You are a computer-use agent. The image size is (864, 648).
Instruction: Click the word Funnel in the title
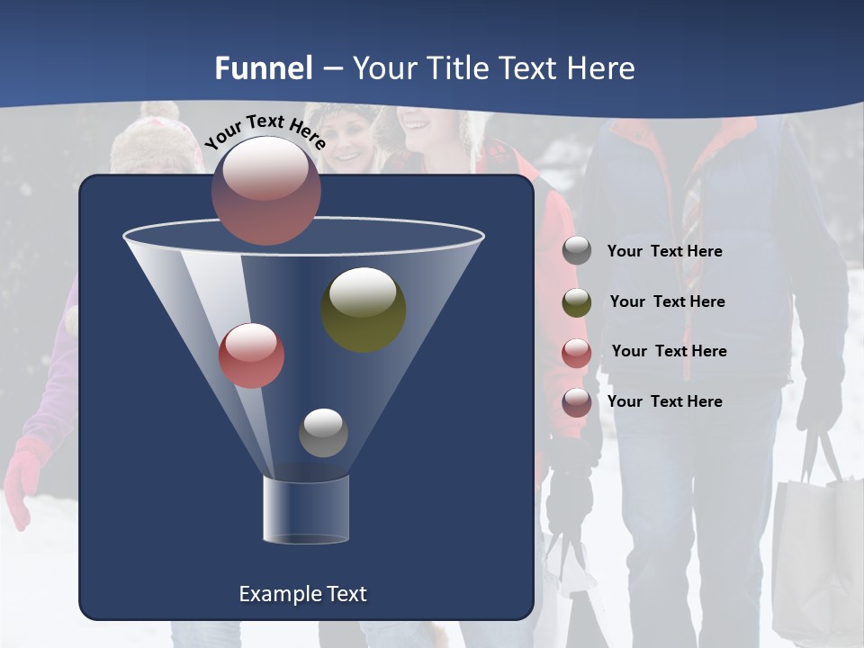264,68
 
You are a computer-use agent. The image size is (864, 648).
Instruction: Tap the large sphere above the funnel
265,190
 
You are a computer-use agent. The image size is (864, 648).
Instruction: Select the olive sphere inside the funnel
364,309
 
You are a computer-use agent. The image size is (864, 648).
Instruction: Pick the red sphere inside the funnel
251,355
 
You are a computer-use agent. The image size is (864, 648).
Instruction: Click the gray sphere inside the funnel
323,432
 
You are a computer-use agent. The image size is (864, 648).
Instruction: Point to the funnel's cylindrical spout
306,509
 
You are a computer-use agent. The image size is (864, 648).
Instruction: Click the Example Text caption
302,594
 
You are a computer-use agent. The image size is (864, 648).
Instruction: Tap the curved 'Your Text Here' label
265,130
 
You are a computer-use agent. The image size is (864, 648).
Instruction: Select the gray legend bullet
577,251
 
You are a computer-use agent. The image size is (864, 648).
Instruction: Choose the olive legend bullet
577,302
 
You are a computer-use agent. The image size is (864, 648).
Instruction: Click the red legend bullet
577,353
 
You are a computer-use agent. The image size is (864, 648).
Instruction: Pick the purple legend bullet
577,402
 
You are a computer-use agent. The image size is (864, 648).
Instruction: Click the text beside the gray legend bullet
664,252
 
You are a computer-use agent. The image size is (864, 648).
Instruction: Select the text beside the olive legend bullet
667,302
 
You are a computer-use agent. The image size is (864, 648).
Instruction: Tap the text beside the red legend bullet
669,352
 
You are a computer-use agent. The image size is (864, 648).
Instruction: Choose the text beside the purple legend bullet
664,401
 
